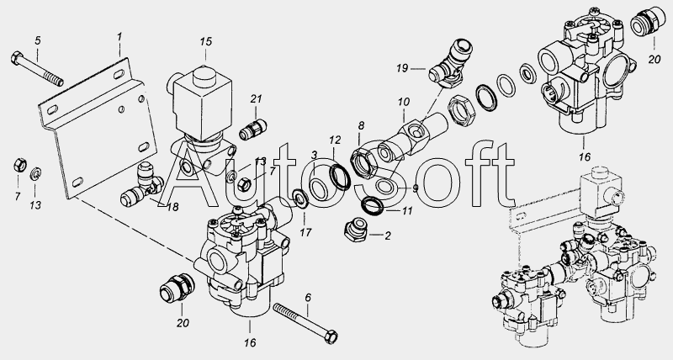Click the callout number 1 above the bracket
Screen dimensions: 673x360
[x=119, y=37]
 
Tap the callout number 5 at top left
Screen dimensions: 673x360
[x=38, y=40]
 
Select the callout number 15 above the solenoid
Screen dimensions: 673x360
[x=206, y=41]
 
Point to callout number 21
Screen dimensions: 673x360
[x=256, y=99]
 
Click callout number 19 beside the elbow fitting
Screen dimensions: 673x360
[x=402, y=68]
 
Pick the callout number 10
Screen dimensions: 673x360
[x=404, y=102]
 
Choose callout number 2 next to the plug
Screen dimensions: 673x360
[x=388, y=236]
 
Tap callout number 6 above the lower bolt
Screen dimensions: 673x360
[x=308, y=298]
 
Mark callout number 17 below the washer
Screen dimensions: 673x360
[x=305, y=232]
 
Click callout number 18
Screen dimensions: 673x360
[x=172, y=207]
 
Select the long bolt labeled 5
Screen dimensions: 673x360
[x=37, y=69]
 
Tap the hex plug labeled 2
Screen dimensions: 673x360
[x=355, y=231]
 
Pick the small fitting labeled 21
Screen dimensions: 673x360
[x=253, y=130]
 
